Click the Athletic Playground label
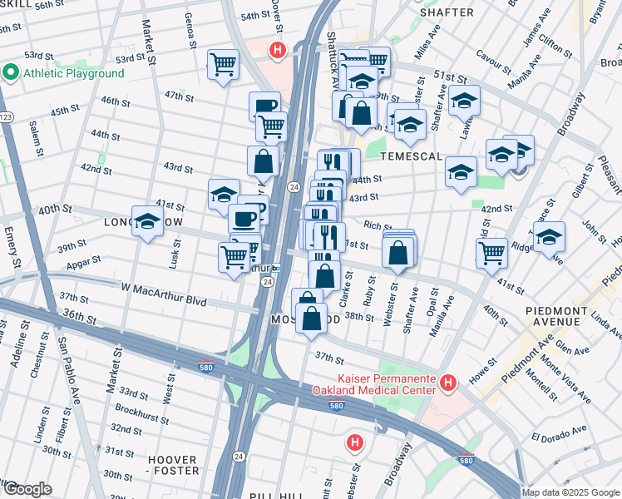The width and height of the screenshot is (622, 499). [x=73, y=73]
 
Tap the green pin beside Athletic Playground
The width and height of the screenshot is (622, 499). [x=11, y=73]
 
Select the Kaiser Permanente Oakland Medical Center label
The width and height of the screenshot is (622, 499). [x=374, y=383]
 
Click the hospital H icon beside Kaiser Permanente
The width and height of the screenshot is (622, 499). [x=449, y=383]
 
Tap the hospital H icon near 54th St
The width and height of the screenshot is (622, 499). [x=278, y=51]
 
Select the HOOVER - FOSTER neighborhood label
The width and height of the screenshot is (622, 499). [x=172, y=466]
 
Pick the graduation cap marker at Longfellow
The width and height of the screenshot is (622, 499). [x=147, y=222]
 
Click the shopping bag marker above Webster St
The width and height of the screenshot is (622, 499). [x=399, y=250]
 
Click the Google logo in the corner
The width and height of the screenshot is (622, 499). [x=27, y=489]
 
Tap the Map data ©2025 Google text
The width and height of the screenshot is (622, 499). [x=570, y=492]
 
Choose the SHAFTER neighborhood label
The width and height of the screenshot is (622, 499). [x=447, y=12]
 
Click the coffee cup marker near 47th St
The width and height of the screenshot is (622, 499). [x=264, y=105]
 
